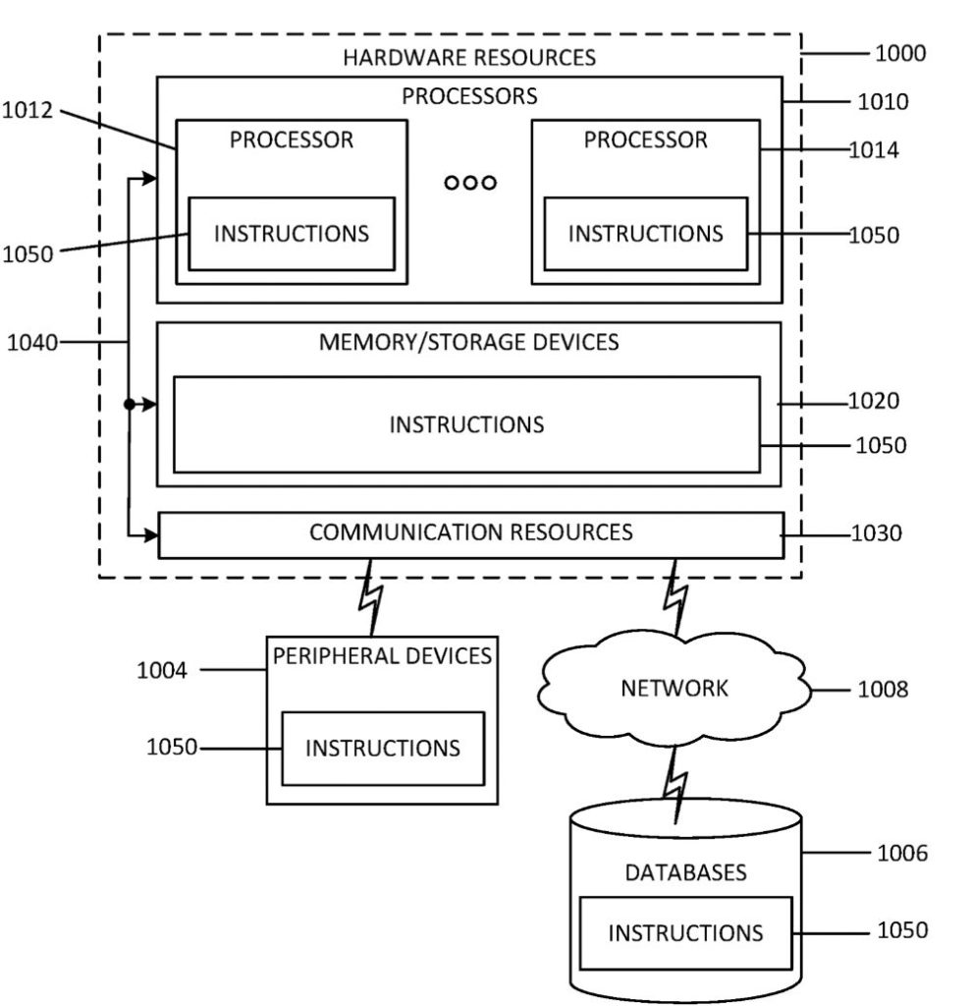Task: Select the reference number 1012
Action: pyautogui.click(x=27, y=111)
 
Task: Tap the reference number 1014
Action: pyautogui.click(x=874, y=150)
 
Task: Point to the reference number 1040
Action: pyautogui.click(x=32, y=342)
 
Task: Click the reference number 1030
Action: pyautogui.click(x=874, y=533)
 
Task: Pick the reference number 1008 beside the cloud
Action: pyautogui.click(x=882, y=690)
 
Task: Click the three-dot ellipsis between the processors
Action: pyautogui.click(x=470, y=183)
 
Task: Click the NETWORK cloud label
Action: pyautogui.click(x=674, y=688)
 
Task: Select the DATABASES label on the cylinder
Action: pyautogui.click(x=685, y=872)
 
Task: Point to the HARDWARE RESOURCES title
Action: pyautogui.click(x=468, y=57)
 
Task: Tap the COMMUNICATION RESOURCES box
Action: pyautogui.click(x=470, y=533)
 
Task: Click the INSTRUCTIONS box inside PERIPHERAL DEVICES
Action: pyautogui.click(x=382, y=748)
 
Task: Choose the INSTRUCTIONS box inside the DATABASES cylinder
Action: pyautogui.click(x=684, y=932)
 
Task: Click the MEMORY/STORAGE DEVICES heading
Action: pyautogui.click(x=468, y=342)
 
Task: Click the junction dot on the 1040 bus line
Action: pyautogui.click(x=129, y=404)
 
